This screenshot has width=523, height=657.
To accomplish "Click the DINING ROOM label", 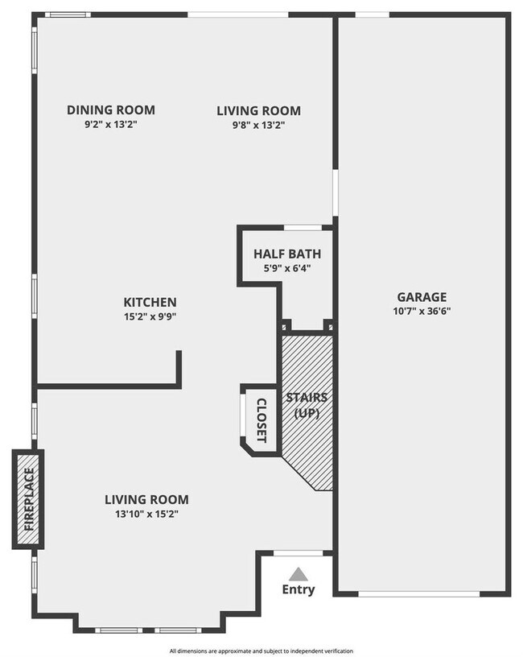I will pyautogui.click(x=111, y=110).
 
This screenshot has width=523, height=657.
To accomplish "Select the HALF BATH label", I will pyautogui.click(x=287, y=254).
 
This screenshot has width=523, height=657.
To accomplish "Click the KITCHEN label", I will pyautogui.click(x=150, y=302).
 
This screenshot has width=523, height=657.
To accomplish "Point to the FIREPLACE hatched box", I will pyautogui.click(x=28, y=499).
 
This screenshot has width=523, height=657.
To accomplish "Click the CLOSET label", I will pyautogui.click(x=261, y=419).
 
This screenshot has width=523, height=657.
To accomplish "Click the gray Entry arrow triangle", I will pyautogui.click(x=299, y=574).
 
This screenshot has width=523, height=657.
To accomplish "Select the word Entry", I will pyautogui.click(x=299, y=590).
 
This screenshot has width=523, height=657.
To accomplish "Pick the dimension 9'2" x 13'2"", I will pyautogui.click(x=111, y=125).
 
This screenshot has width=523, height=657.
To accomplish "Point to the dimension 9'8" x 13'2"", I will pyautogui.click(x=258, y=125).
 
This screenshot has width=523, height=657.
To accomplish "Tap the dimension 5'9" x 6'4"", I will pyautogui.click(x=287, y=268).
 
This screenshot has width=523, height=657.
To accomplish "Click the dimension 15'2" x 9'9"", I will pyautogui.click(x=150, y=316).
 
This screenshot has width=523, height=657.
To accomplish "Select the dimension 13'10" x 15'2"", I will pyautogui.click(x=146, y=514).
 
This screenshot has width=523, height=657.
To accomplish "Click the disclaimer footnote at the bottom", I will pyautogui.click(x=261, y=650).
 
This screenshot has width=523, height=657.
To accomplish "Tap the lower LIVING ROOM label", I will pyautogui.click(x=146, y=499).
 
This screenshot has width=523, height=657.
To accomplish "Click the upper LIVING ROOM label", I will pyautogui.click(x=258, y=110).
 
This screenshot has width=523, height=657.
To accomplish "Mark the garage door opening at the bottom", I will pyautogui.click(x=420, y=594).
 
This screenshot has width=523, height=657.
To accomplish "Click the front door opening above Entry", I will pyautogui.click(x=299, y=553).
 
